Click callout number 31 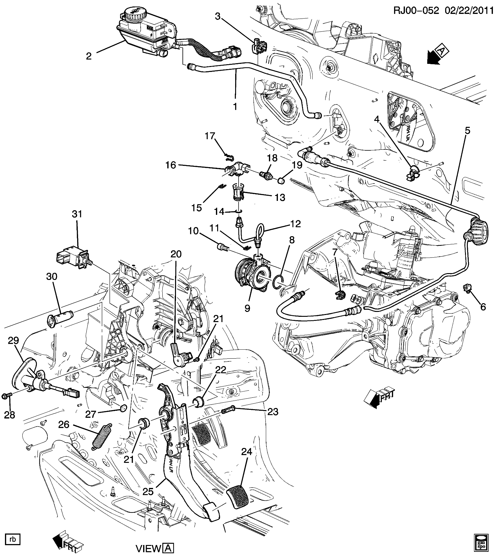77,214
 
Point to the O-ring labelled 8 279,281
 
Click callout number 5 467,131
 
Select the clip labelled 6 467,289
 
